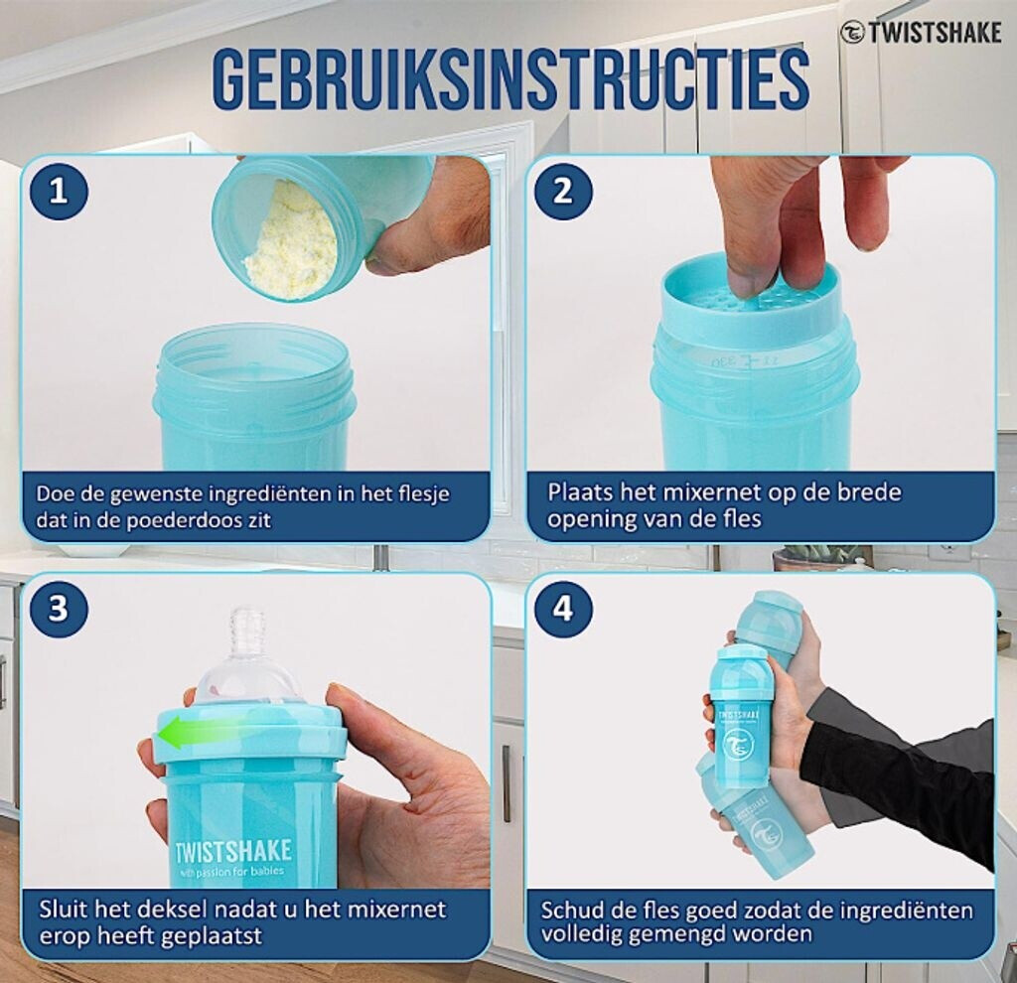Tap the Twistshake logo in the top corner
921,33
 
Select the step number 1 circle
59,192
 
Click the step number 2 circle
563,192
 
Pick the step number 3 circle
59,609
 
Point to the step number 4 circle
563,609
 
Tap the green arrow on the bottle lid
195,735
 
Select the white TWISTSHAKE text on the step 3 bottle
233,852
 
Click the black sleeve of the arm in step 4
915,766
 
